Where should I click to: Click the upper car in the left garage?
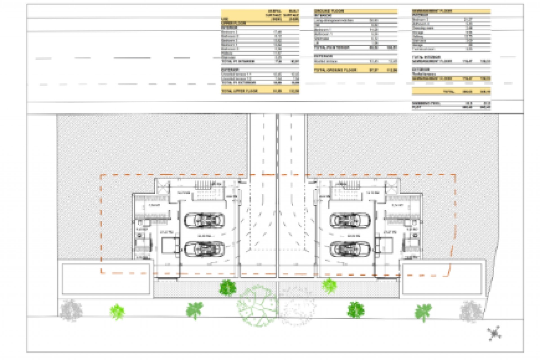204,220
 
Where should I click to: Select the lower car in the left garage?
204,249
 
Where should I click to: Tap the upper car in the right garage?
350,220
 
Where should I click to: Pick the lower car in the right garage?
350,249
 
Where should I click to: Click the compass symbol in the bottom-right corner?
494,334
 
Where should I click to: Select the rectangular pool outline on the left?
106,279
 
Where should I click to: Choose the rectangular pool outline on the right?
442,279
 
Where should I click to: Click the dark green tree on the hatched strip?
227,288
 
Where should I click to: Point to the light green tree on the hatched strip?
329,286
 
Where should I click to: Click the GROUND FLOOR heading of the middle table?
329,11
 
